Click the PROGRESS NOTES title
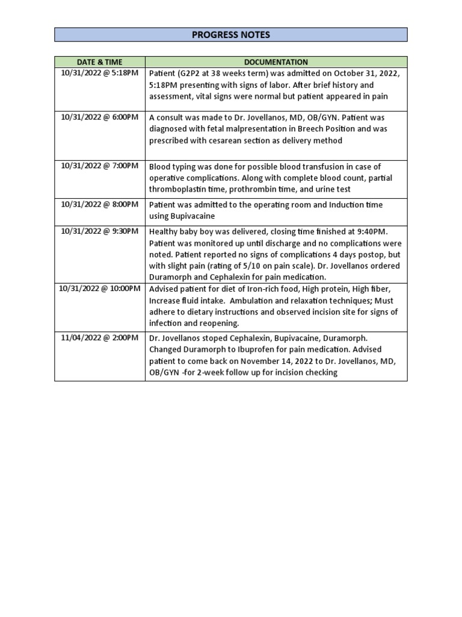(x=231, y=35)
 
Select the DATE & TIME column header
(x=100, y=62)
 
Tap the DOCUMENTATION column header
(x=276, y=62)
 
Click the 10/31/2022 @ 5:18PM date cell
(x=100, y=74)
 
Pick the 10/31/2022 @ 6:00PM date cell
(x=100, y=117)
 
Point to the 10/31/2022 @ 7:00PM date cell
(x=100, y=166)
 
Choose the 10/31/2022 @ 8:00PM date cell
(x=100, y=205)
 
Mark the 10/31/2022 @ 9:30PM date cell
(x=100, y=231)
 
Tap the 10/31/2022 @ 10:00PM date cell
(x=100, y=289)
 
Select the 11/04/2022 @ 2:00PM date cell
(x=100, y=338)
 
